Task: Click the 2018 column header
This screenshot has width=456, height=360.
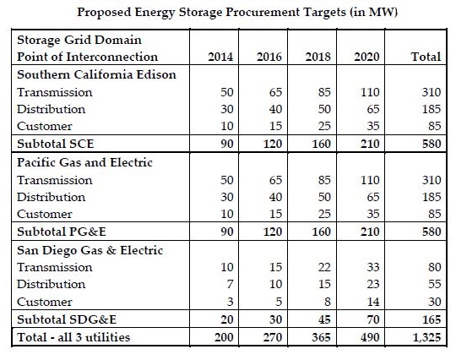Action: [x=318, y=57]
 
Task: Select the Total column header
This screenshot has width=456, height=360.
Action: [x=426, y=57]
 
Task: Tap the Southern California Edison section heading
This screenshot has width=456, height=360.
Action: [x=96, y=74]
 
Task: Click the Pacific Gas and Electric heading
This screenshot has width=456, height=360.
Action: [x=84, y=162]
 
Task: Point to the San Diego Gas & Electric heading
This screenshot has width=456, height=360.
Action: [x=90, y=250]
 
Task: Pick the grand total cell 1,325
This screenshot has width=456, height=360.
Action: [x=427, y=337]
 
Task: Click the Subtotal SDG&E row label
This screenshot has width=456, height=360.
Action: [x=67, y=319]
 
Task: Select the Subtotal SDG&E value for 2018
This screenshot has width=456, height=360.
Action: [x=324, y=319]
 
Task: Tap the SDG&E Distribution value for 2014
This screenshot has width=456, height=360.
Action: [x=230, y=284]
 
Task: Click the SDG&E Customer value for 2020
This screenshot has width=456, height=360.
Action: [x=373, y=302]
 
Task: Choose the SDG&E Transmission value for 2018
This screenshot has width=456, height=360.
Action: [x=324, y=267]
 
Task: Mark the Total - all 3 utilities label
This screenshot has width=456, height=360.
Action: [x=73, y=337]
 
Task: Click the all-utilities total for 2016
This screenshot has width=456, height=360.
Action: [x=273, y=337]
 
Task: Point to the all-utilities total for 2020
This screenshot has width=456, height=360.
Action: [x=370, y=337]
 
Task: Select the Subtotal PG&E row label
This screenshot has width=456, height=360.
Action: [x=62, y=232]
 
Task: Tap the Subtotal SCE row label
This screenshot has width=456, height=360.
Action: [x=56, y=144]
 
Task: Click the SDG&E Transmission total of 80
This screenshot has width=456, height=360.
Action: [x=435, y=267]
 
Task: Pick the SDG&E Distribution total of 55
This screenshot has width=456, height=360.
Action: [x=435, y=284]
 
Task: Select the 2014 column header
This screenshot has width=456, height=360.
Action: [x=220, y=57]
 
